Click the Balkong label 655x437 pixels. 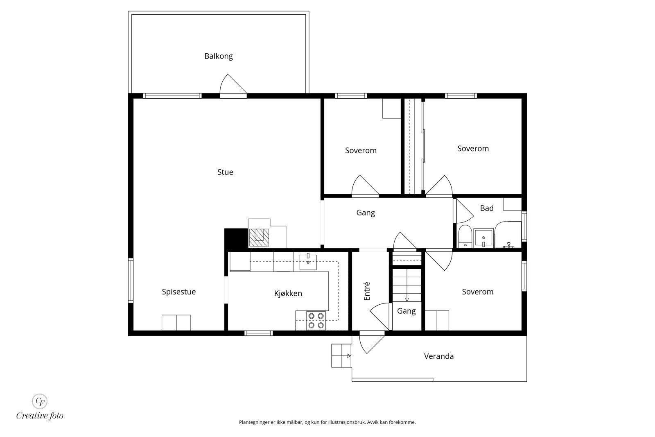pos(219,56)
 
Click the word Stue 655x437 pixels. pos(225,172)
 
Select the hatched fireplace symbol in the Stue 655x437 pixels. pos(259,237)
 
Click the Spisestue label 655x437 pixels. pos(178,292)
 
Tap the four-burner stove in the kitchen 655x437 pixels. pos(316,321)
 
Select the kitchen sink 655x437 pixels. pos(308,262)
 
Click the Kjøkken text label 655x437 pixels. pos(288,293)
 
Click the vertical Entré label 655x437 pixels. pos(367,291)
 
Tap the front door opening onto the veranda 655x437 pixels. pos(371,343)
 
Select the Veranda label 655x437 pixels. pos(439,356)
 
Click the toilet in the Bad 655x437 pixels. pos(464,237)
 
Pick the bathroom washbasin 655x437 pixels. pos(484,238)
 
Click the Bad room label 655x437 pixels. pos(487,208)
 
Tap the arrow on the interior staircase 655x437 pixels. pos(407,299)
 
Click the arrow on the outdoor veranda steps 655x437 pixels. pos(348,355)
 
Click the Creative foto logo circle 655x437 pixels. pos(40,401)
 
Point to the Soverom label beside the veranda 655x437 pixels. pos(477,292)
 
